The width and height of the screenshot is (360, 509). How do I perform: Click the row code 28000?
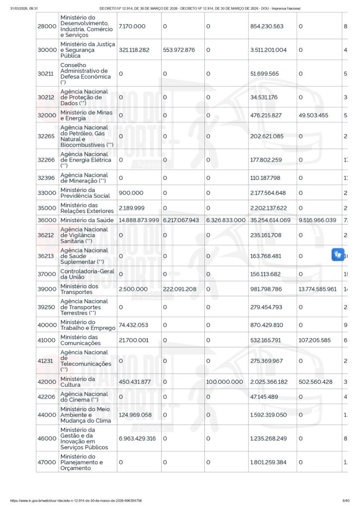47,26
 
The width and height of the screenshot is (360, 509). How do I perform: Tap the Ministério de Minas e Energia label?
87,115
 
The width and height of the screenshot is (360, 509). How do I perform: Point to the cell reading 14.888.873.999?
139,220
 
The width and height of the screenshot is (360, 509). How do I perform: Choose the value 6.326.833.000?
226,220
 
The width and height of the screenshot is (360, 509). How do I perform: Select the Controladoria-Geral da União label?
87,274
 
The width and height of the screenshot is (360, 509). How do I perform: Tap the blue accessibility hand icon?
338,255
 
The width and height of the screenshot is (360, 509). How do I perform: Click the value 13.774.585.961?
317,289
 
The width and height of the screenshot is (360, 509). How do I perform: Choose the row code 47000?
47,462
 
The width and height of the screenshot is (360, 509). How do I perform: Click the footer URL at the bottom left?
76,501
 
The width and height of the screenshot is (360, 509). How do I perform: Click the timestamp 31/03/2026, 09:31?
24,8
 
